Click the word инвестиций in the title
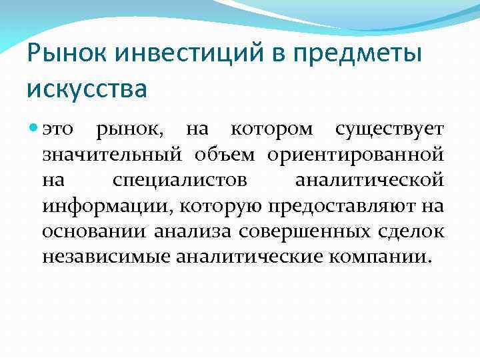(169, 53)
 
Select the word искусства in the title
(87, 87)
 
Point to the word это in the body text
(59, 129)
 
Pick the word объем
(224, 155)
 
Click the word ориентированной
(355, 155)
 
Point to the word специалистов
(180, 181)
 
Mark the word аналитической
(369, 181)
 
